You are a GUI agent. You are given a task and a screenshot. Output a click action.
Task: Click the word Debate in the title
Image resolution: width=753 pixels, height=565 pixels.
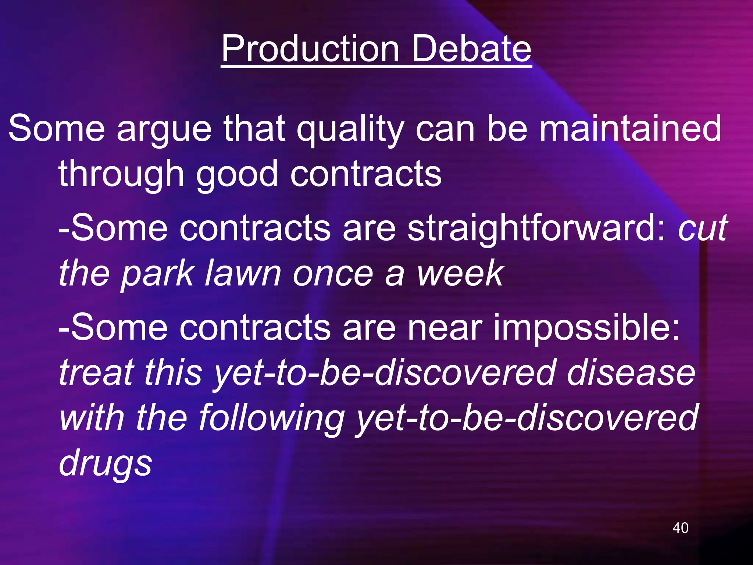[471, 49]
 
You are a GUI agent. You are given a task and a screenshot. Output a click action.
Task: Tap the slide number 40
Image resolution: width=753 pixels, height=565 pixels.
[680, 528]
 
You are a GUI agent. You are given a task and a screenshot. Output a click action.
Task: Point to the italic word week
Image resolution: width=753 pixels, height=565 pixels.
[460, 273]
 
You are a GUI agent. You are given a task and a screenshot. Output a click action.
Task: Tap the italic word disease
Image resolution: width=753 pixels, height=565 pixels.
[631, 372]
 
